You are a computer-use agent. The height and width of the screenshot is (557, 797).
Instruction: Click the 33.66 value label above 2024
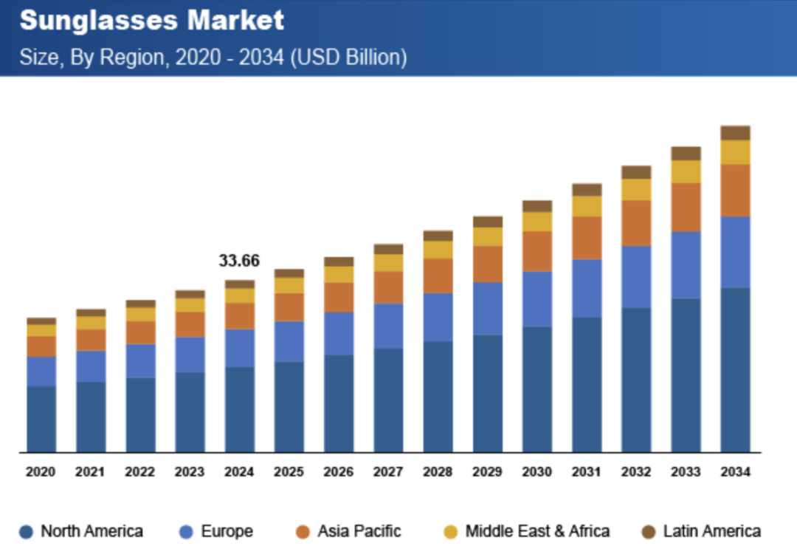coord(239,261)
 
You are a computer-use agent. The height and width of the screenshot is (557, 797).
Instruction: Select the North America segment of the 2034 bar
coord(735,369)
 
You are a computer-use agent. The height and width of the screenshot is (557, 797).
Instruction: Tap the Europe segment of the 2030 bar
coord(537,298)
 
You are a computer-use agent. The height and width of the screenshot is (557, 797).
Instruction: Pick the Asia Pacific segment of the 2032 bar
coord(636,223)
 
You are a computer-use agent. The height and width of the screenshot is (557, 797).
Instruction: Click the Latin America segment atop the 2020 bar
coord(41,321)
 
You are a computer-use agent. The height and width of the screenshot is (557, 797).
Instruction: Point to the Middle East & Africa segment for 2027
coord(388,262)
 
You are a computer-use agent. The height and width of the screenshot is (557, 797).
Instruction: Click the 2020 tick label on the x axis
coord(41,472)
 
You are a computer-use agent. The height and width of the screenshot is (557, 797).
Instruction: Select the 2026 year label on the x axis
coord(339,472)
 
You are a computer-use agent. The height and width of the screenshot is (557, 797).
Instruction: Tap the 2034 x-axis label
coord(735,472)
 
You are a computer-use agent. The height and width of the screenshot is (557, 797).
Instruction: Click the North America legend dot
coord(27,532)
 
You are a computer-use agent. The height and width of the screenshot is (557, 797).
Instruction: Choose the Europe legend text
coord(227,531)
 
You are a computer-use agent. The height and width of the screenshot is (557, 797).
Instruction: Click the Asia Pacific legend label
coord(359,531)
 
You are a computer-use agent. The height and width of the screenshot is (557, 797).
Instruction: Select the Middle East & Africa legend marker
coord(451,532)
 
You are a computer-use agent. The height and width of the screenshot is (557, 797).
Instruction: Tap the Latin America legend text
coord(711,531)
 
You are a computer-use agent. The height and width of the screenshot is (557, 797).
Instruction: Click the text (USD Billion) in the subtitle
coord(349,57)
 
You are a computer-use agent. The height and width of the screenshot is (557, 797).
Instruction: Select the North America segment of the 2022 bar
coord(140,414)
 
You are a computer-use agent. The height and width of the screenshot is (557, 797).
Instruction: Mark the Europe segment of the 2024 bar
coord(239,348)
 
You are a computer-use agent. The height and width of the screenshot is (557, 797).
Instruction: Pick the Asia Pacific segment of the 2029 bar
coord(487,264)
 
